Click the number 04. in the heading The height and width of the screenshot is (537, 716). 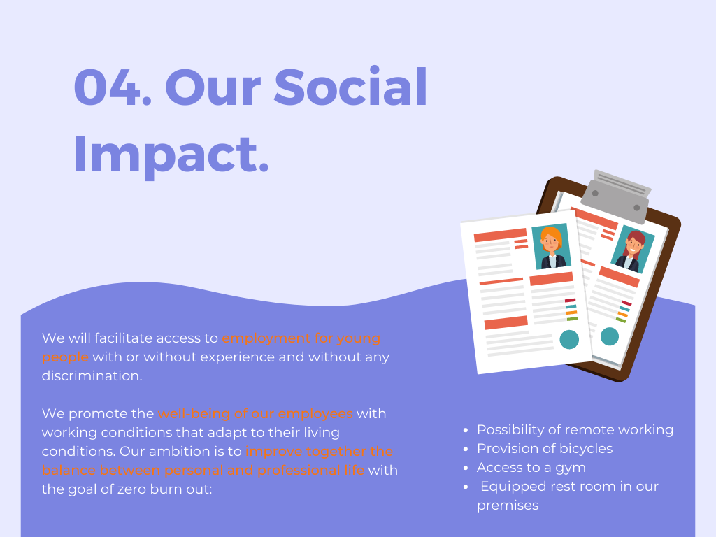[x=113, y=87]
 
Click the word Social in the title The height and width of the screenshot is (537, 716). [x=351, y=86]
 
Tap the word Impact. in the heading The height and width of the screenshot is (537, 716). [x=171, y=155]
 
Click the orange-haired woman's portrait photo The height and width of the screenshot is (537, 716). [x=552, y=246]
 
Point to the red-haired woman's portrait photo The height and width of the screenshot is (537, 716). [x=633, y=250]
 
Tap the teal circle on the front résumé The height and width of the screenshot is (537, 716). [x=569, y=339]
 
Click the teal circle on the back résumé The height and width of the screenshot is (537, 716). [x=610, y=336]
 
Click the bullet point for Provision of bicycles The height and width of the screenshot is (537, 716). [x=465, y=450]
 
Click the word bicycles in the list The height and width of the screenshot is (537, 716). [x=586, y=448]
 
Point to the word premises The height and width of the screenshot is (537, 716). [x=508, y=506]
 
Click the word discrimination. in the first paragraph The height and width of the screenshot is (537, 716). [x=92, y=375]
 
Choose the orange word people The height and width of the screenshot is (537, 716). [x=65, y=357]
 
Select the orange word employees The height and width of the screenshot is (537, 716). [x=315, y=414]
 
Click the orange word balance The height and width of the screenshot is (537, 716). [x=69, y=471]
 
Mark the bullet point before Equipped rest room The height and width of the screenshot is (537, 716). [x=465, y=487]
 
